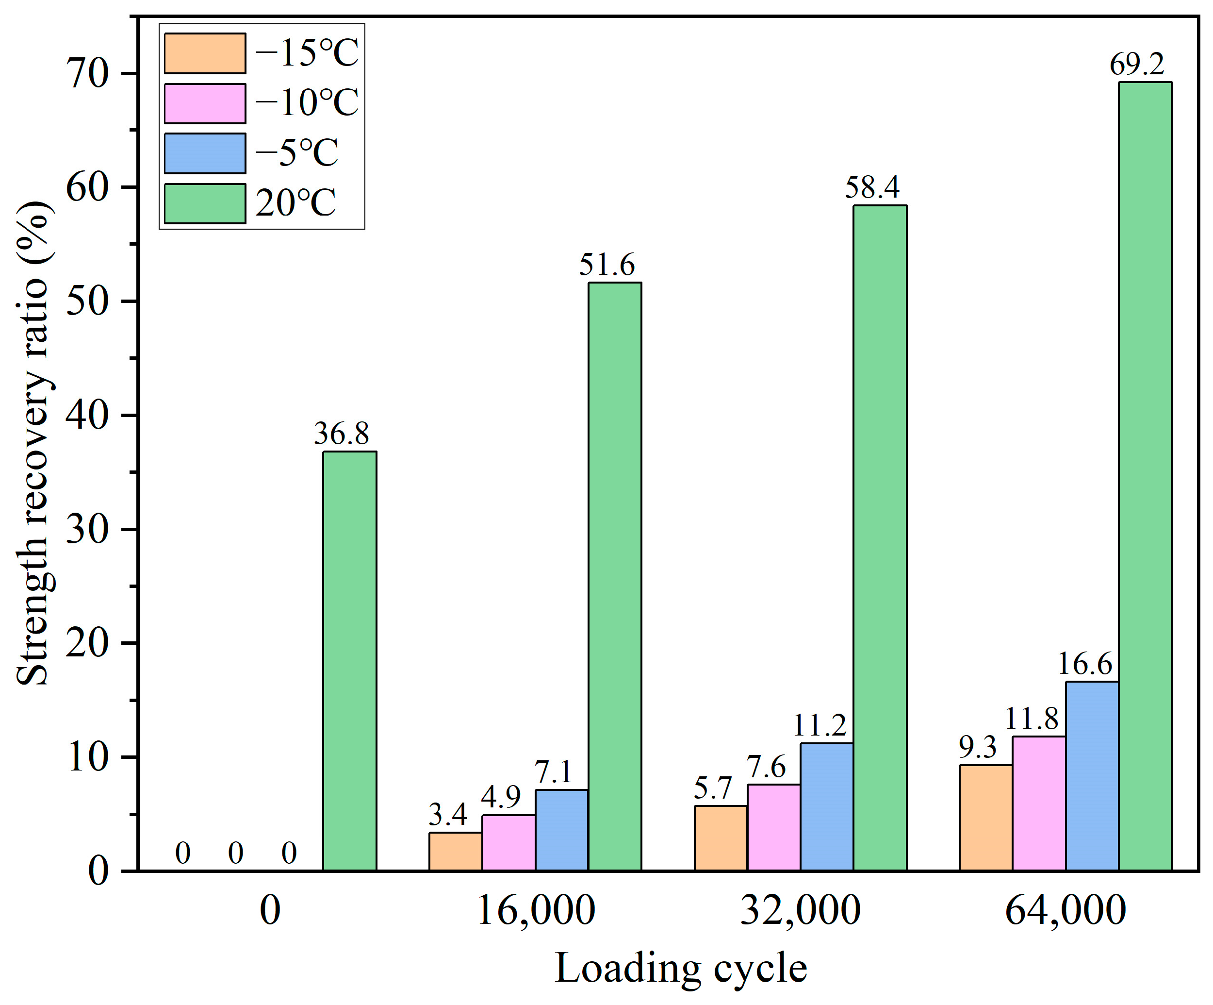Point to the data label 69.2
coord(1137,65)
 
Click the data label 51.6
coord(606,265)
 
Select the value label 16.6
coord(1085,664)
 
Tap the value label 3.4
coord(448,815)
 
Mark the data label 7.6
coord(766,768)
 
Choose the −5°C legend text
coord(297,153)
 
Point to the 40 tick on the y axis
coord(87,416)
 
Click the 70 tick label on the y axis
coord(87,74)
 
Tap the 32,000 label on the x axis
coord(800,910)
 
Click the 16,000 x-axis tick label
coord(536,910)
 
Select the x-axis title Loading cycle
coord(680,968)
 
